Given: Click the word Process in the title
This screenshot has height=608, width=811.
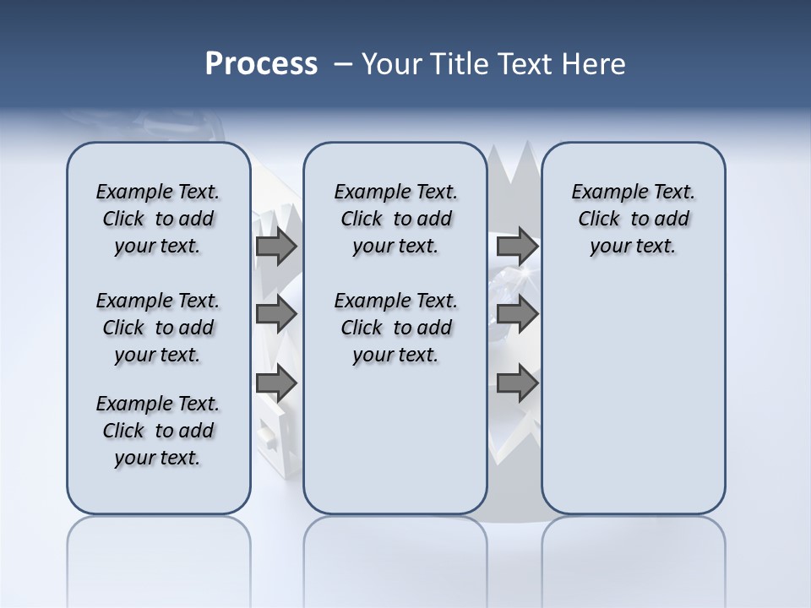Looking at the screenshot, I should point(261,64).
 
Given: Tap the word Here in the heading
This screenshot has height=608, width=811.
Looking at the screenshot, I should point(596,64).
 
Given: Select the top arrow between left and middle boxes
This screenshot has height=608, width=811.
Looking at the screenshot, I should point(276,247).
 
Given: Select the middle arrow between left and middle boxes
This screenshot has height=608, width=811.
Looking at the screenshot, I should point(276,314).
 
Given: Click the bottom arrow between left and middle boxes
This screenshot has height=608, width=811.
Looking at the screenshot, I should point(276,383).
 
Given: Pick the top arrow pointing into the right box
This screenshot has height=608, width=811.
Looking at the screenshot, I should point(517,247).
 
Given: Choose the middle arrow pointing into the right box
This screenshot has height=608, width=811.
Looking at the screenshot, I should point(517,314).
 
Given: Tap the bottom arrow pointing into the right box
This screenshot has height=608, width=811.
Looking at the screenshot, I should point(517,383).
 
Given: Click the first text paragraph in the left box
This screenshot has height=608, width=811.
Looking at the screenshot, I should point(158,219).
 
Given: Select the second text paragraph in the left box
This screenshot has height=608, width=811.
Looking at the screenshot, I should point(158,328).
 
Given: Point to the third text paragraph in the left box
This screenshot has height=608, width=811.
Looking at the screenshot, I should point(158,431).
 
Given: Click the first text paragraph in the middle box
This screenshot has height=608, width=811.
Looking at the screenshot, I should point(395,219).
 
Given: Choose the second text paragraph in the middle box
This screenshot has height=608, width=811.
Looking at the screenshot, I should point(395,328).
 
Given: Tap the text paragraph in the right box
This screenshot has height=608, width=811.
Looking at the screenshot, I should point(633,219).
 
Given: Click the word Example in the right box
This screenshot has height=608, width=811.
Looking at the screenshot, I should point(604,192).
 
